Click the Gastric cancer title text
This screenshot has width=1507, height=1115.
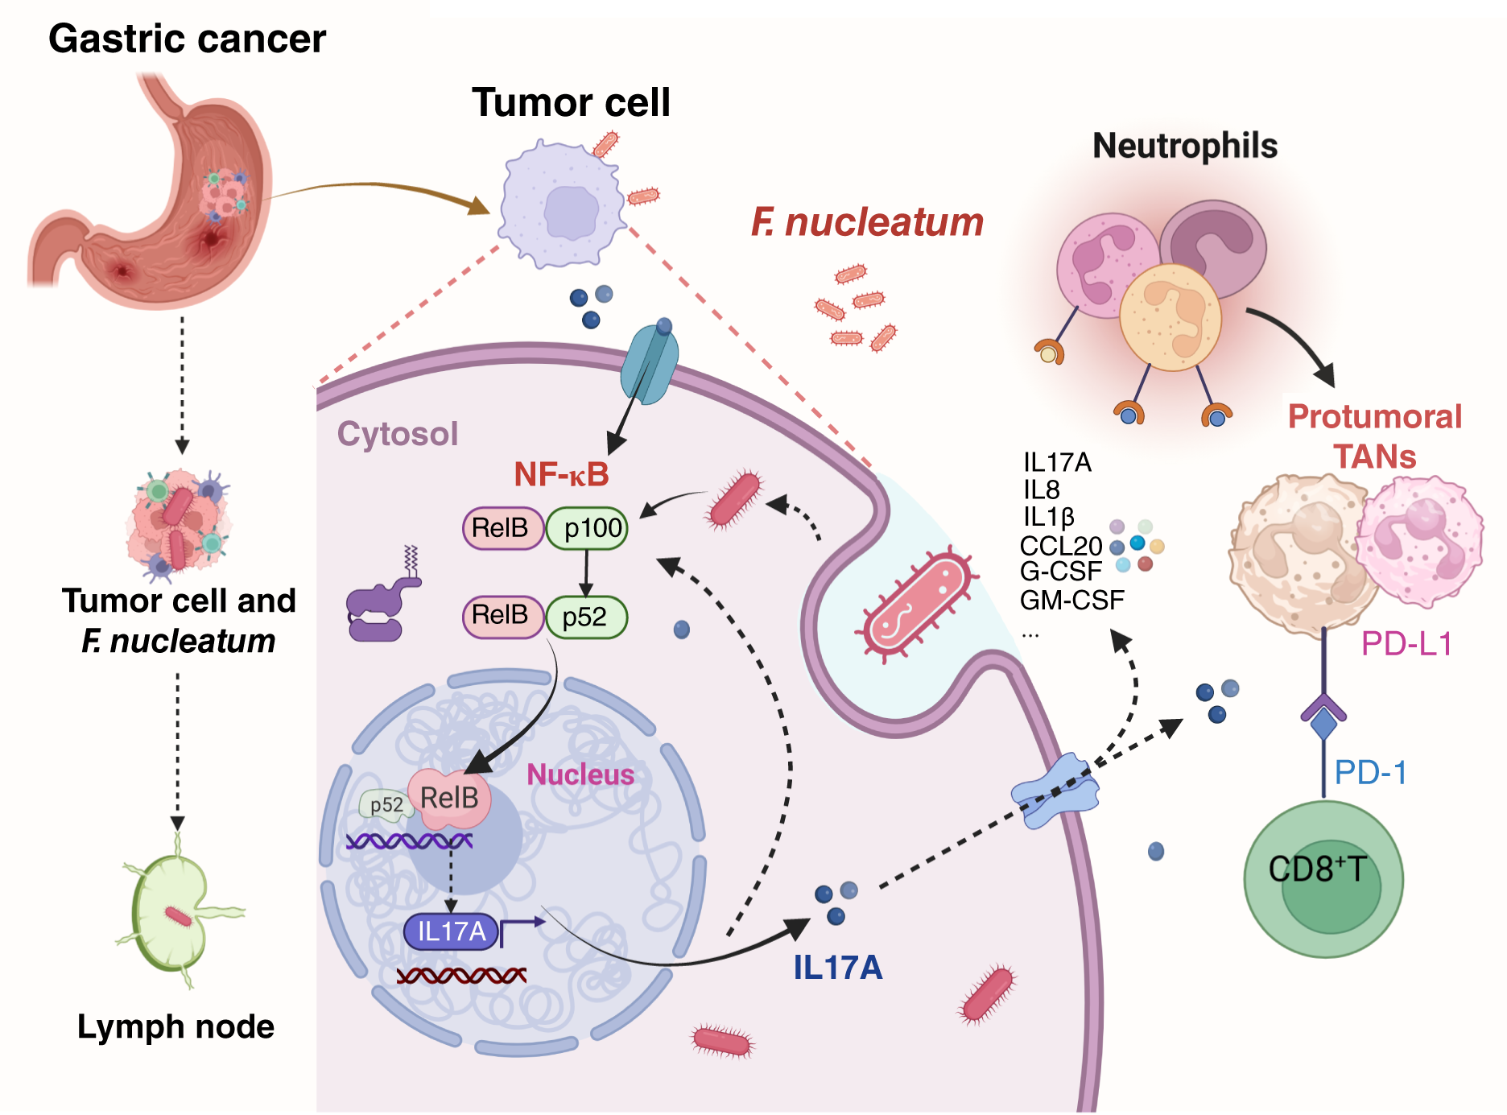[187, 39]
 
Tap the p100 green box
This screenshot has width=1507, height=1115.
[588, 528]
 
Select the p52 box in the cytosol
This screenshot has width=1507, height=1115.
[586, 617]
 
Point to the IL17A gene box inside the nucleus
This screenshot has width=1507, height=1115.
[452, 931]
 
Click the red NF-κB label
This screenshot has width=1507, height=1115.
[561, 474]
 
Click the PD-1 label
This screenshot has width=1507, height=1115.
[1370, 773]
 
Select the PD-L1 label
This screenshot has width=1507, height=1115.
[1406, 644]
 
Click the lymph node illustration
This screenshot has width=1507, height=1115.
[171, 914]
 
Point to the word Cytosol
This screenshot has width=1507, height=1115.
[397, 434]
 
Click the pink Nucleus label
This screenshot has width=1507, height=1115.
[580, 774]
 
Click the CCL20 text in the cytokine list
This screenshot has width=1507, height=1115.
[1060, 546]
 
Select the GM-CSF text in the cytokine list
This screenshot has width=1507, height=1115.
[1071, 600]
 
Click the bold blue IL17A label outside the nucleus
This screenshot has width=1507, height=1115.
[837, 968]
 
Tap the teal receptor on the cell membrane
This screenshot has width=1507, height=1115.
[649, 364]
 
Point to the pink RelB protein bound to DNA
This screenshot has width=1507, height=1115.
[449, 799]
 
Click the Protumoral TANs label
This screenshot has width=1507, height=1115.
[1374, 436]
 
